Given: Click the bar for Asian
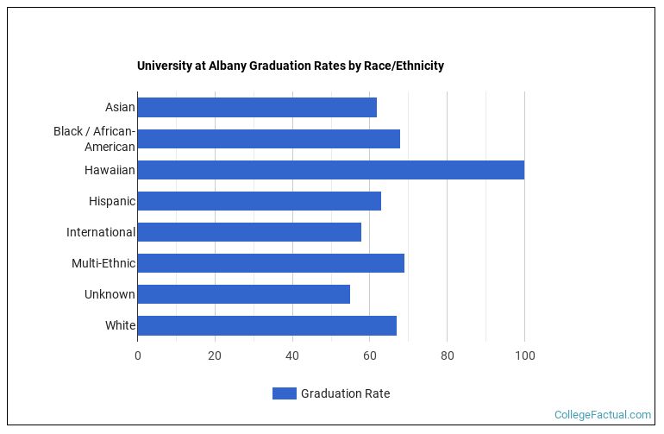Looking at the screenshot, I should pyautogui.click(x=257, y=107).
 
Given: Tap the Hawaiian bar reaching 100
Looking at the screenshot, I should pyautogui.click(x=330, y=170).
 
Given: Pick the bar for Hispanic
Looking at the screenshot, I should pyautogui.click(x=259, y=201).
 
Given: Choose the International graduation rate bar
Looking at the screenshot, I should pyautogui.click(x=249, y=232).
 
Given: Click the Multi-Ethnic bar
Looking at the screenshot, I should pyautogui.click(x=271, y=263).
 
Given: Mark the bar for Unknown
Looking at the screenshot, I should pyautogui.click(x=243, y=294).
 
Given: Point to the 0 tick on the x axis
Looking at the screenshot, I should pyautogui.click(x=137, y=355).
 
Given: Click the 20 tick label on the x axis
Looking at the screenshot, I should pyautogui.click(x=215, y=355).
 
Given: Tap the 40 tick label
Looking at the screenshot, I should pyautogui.click(x=292, y=355).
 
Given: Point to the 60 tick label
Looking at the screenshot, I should pyautogui.click(x=369, y=355).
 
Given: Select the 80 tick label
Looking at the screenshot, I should pyautogui.click(x=447, y=355).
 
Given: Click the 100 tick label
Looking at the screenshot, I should pyautogui.click(x=524, y=355).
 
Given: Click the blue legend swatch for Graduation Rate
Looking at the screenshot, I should pyautogui.click(x=284, y=393).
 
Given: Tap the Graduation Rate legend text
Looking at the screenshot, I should pyautogui.click(x=345, y=393).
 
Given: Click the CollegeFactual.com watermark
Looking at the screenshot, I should pyautogui.click(x=602, y=415).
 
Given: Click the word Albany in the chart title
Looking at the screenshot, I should pyautogui.click(x=228, y=66).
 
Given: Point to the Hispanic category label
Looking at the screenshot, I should pyautogui.click(x=111, y=201).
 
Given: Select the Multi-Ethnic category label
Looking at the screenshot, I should pyautogui.click(x=103, y=263).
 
